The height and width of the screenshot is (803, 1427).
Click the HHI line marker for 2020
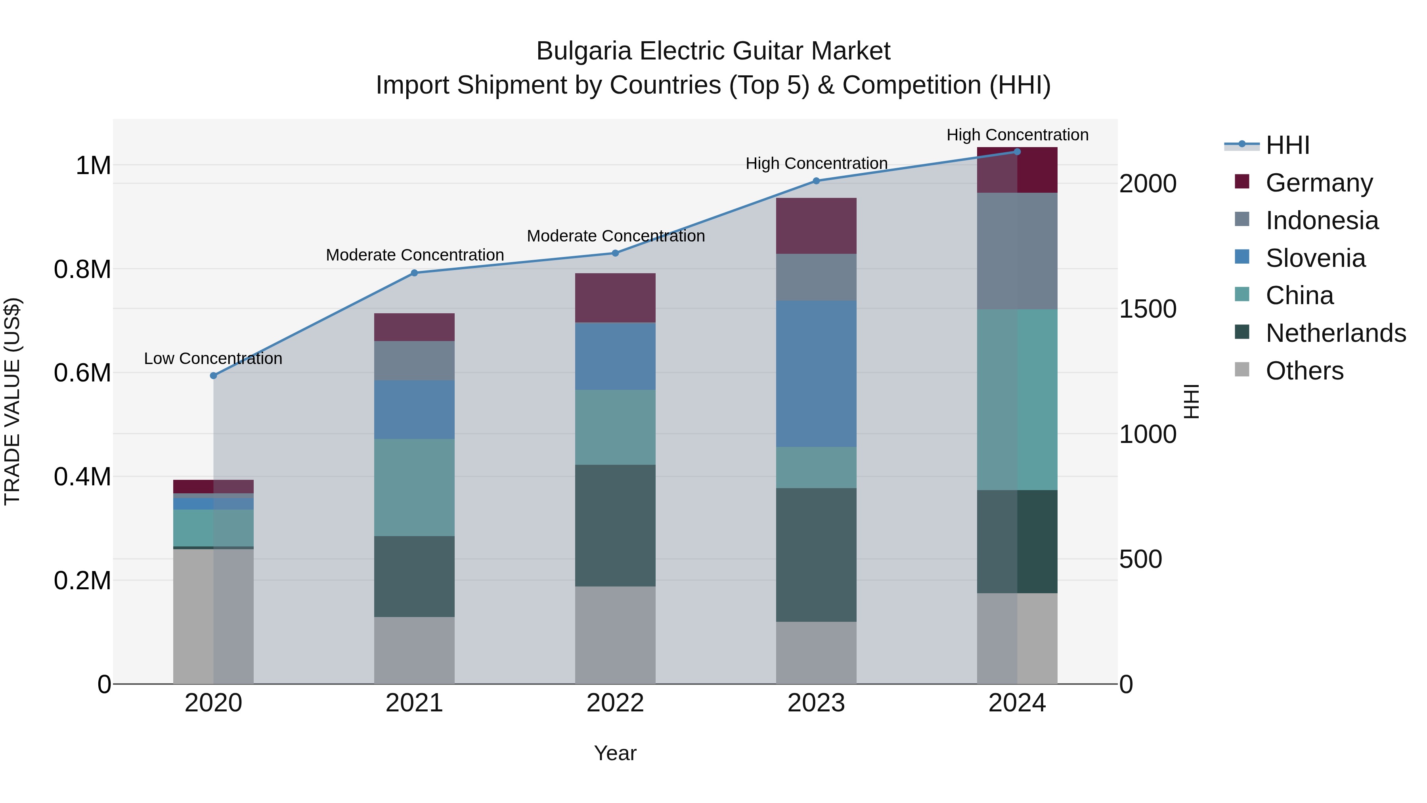tap(213, 376)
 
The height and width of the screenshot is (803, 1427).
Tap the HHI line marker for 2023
tap(816, 181)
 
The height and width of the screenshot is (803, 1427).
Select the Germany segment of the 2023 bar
tap(816, 226)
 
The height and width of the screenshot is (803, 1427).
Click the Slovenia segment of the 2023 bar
tap(816, 374)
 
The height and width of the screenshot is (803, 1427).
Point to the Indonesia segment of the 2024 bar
tap(1017, 251)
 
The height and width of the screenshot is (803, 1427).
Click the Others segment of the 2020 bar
tap(213, 616)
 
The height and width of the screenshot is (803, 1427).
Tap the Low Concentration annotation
tap(213, 358)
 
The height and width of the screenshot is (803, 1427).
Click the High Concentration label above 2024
tap(1017, 135)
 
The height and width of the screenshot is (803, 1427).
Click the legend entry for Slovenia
tap(1315, 258)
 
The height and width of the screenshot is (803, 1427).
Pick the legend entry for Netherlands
tap(1335, 333)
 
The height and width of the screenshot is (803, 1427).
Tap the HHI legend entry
tap(1287, 145)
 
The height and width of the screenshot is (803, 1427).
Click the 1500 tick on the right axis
tap(1147, 309)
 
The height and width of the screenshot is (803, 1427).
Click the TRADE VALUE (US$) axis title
tap(12, 401)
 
